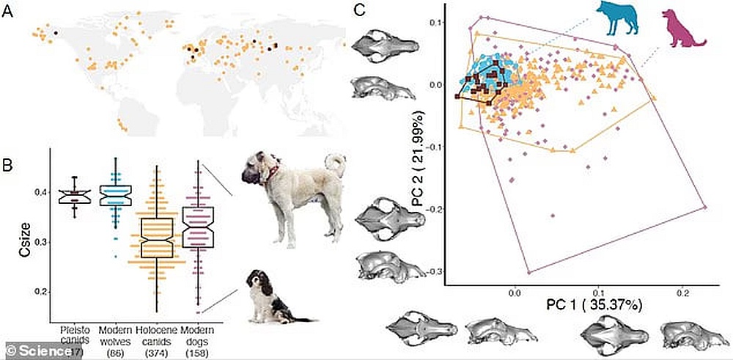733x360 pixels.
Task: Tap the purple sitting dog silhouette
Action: [682, 29]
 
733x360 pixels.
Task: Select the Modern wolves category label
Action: [115, 334]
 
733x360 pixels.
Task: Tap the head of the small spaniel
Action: [255, 282]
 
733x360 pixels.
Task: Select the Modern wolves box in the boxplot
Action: [115, 196]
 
